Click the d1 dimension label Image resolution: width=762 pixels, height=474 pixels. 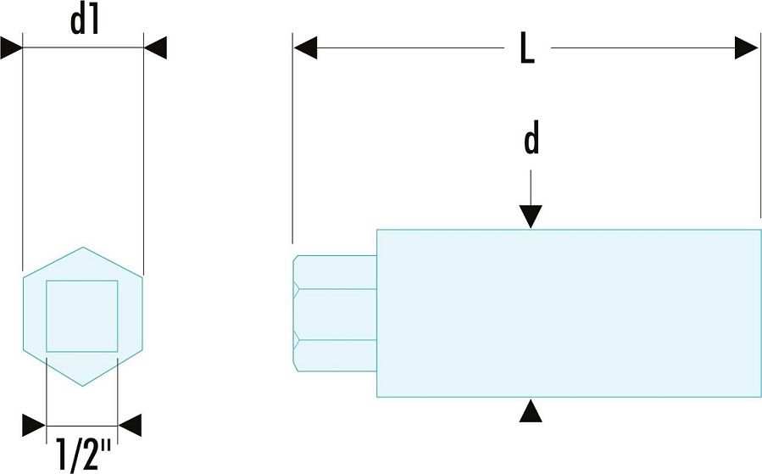click(x=85, y=21)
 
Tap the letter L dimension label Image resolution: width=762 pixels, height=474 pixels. click(x=527, y=48)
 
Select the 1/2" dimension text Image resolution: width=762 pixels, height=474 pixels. click(x=83, y=454)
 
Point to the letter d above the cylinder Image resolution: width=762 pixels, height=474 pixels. click(x=531, y=137)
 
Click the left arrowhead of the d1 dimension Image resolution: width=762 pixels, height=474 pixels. click(x=12, y=47)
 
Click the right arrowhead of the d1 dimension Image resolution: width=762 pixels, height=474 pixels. click(x=155, y=47)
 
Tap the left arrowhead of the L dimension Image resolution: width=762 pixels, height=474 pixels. click(x=305, y=47)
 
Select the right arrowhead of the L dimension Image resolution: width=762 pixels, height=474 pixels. click(x=747, y=47)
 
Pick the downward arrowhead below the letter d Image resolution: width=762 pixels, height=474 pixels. click(x=531, y=217)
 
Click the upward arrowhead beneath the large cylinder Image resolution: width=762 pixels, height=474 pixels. click(x=531, y=410)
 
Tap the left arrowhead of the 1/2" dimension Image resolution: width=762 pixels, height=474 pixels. click(x=34, y=426)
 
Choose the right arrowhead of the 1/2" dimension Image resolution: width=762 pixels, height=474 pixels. click(x=130, y=426)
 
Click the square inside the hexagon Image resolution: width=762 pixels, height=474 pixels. click(x=82, y=316)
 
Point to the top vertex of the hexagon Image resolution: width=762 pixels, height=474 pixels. click(x=83, y=247)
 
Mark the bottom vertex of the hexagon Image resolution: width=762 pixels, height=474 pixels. click(x=83, y=386)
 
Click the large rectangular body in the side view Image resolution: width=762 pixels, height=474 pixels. click(x=569, y=313)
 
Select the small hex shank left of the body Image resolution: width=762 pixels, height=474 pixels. click(x=335, y=313)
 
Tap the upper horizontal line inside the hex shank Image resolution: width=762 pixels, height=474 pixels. click(x=336, y=289)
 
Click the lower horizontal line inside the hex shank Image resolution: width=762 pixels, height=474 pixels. click(x=336, y=340)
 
